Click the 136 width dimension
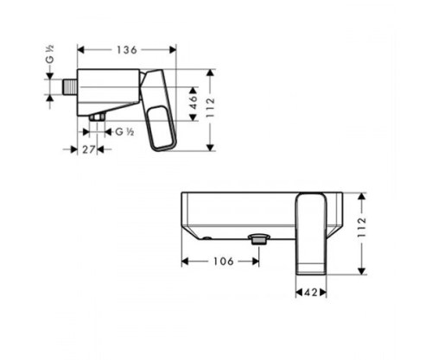pyautogui.click(x=127, y=50)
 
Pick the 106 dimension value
pyautogui.click(x=224, y=261)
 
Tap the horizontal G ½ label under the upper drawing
pyautogui.click(x=124, y=131)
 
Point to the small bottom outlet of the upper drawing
pyautogui.click(x=97, y=116)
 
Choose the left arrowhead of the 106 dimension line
pyautogui.click(x=184, y=261)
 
